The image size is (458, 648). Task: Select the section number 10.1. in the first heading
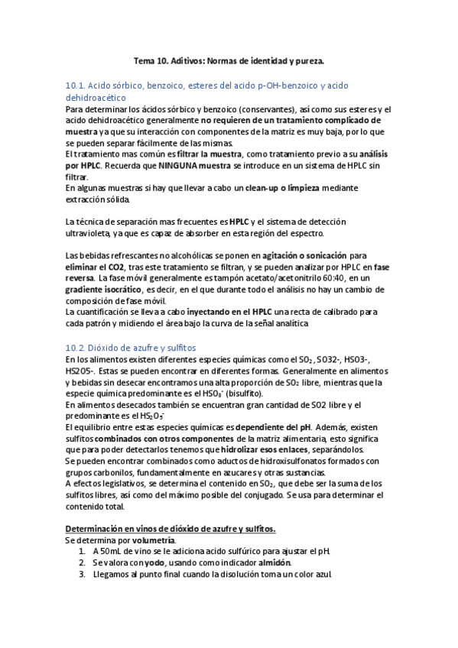(x=79, y=86)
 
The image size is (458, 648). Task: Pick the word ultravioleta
(x=90, y=233)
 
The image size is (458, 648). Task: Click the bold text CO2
(x=115, y=267)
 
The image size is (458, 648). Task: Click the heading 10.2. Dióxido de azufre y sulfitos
(x=131, y=347)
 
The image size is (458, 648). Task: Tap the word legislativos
(x=122, y=483)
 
